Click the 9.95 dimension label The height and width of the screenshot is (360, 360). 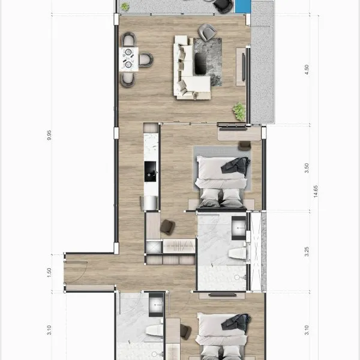pos(49,135)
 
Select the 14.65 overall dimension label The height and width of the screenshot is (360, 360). pos(316,191)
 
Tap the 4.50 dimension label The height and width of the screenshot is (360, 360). pos(307,70)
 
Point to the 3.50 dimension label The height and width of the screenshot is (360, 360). pos(307,168)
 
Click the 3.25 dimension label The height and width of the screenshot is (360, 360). pos(307,251)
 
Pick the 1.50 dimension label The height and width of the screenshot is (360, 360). pos(49,272)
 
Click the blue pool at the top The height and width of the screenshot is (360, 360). pos(242,6)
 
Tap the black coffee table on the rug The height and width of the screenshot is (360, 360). pos(200,64)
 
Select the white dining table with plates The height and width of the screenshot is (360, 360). pos(129,59)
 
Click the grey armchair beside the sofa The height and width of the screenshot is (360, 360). pos(207,32)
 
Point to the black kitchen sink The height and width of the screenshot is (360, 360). pos(150,171)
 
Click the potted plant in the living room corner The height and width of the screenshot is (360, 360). pos(239,112)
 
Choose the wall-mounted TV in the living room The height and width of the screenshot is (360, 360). pos(244,67)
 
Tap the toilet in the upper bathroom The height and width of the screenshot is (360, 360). pos(238,254)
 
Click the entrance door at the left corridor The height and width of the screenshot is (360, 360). pos(76,262)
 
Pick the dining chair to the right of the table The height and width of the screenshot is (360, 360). pos(145,59)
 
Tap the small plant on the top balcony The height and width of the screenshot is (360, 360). pos(125,7)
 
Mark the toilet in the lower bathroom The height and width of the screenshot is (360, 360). pos(155,330)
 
